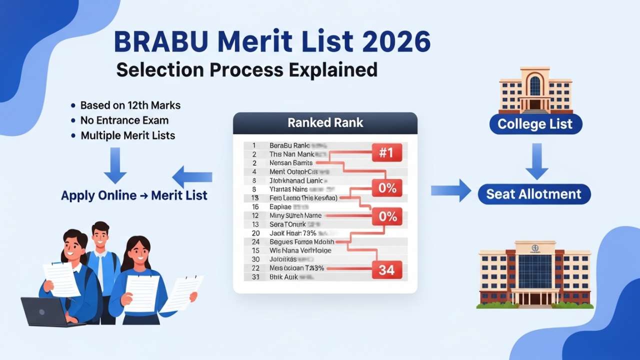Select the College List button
[535, 123]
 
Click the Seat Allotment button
[534, 194]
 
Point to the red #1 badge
[386, 152]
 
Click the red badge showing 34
[386, 270]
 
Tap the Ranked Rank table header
[325, 122]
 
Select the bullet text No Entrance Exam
[124, 120]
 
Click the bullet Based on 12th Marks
[130, 105]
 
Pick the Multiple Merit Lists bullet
[127, 135]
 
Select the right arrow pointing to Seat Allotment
[450, 190]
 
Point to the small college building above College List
[535, 90]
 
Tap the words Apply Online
[98, 195]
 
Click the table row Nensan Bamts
[291, 162]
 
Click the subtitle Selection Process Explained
[246, 69]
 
